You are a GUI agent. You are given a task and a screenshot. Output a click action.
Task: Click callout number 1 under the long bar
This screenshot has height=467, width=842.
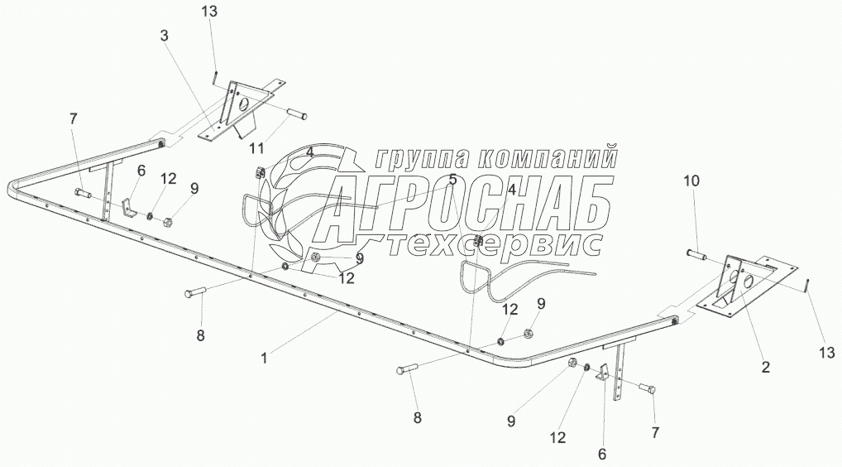[x=264, y=358]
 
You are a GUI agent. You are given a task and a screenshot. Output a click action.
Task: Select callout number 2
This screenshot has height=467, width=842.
[x=764, y=367]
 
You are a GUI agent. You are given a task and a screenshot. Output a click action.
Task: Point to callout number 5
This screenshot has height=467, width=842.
[x=452, y=179]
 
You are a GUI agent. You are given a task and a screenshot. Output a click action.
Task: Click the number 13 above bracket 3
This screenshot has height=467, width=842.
[x=210, y=11]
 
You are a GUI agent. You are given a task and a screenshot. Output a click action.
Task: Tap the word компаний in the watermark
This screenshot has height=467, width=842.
[x=550, y=157]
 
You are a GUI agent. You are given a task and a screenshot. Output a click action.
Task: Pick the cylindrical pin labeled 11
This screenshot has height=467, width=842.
[x=296, y=113]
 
